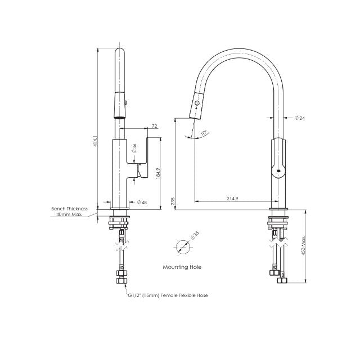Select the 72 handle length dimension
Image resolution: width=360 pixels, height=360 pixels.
click(x=154, y=127)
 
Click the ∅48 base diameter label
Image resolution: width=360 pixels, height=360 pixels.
click(x=142, y=202)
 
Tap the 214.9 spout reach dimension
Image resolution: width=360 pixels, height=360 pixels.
click(x=232, y=198)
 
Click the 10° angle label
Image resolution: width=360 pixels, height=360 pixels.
click(x=204, y=133)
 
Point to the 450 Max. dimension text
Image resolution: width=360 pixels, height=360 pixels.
click(x=304, y=246)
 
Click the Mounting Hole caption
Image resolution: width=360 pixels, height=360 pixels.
click(x=182, y=267)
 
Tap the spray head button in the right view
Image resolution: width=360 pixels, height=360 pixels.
click(x=197, y=103)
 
